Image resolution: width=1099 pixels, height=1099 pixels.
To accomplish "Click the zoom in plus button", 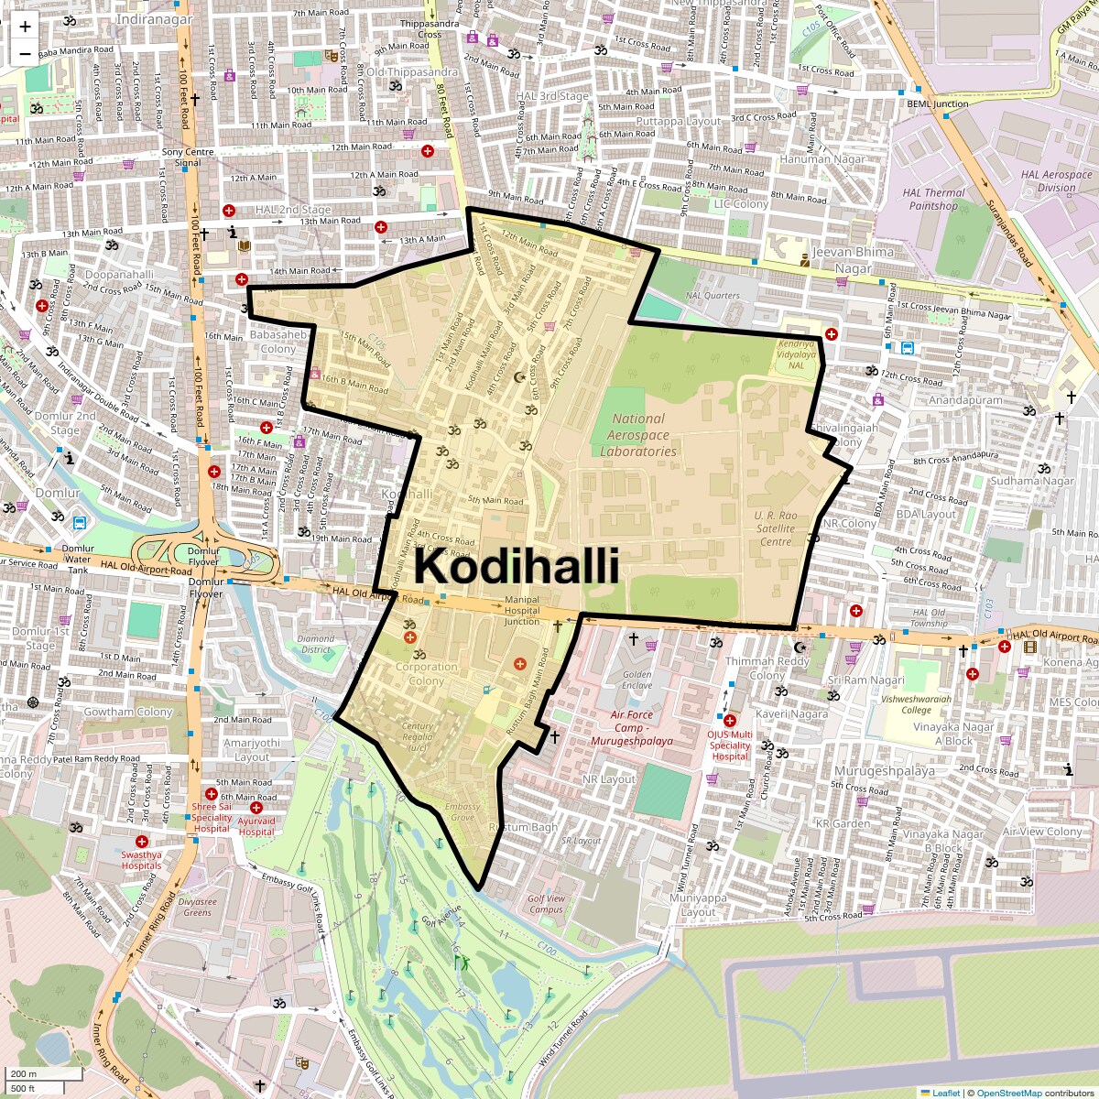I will [25, 27].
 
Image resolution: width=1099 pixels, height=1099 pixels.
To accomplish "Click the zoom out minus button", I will [25, 53].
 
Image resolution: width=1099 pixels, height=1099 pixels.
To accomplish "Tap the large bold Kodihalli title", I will [517, 566].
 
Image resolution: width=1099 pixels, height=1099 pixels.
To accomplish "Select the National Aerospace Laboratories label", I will [638, 435].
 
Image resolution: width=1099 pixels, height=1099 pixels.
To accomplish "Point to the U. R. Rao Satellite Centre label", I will [776, 528].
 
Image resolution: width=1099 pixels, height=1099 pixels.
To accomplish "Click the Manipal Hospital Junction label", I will [522, 611].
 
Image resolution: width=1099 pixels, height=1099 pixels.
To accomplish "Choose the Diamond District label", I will [316, 644].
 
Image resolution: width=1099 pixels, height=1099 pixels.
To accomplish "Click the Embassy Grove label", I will [462, 812].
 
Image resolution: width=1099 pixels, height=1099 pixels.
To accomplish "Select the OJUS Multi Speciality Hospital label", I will [730, 745].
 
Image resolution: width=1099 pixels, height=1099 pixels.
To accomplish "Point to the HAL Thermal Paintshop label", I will [933, 199].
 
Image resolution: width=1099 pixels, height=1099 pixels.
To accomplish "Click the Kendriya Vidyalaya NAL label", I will [796, 354].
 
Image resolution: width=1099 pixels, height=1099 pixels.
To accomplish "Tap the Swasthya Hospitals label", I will [141, 860].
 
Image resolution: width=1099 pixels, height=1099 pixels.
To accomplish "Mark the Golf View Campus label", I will [546, 904].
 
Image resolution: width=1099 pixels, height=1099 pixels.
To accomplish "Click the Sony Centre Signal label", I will [188, 158].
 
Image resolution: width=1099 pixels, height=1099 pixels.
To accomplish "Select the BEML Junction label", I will [937, 104].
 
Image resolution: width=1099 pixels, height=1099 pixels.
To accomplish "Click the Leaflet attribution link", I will [946, 1093].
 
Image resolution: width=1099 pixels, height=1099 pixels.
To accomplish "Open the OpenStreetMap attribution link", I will [1009, 1093].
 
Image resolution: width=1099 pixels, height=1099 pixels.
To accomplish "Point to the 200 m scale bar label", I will [24, 1074].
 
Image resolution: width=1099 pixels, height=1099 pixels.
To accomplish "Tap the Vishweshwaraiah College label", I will [916, 704].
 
